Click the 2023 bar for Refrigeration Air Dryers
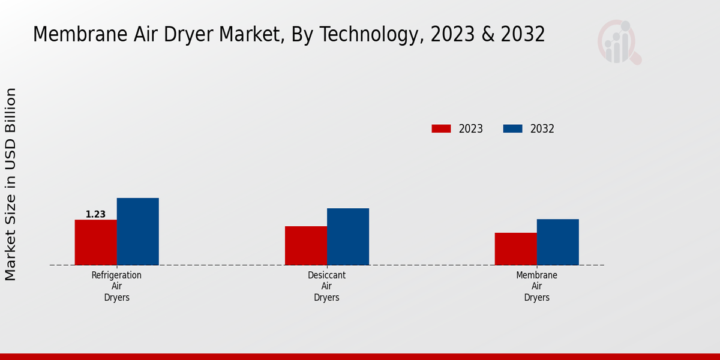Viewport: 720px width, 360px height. tap(95, 242)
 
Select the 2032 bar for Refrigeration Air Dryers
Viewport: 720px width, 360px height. tap(137, 232)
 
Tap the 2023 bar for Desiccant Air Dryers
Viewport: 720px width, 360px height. tap(305, 245)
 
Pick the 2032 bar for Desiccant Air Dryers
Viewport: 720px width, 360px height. tap(347, 236)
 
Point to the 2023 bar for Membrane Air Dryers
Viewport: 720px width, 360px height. tap(515, 249)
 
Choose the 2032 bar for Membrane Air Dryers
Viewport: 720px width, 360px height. tap(557, 242)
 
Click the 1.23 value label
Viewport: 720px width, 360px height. tap(95, 214)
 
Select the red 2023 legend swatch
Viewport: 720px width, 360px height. tap(441, 128)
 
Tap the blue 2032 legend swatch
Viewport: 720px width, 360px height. tap(512, 128)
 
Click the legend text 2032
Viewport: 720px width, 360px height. tap(542, 128)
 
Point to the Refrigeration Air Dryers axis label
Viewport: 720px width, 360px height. tap(116, 286)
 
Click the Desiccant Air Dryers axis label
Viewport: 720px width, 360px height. tap(326, 286)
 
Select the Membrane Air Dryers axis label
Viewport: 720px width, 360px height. tap(536, 286)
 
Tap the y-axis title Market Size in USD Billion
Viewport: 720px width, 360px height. tap(11, 184)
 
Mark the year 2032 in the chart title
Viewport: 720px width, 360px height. tap(523, 35)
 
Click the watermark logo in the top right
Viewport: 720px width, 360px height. tap(619, 42)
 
